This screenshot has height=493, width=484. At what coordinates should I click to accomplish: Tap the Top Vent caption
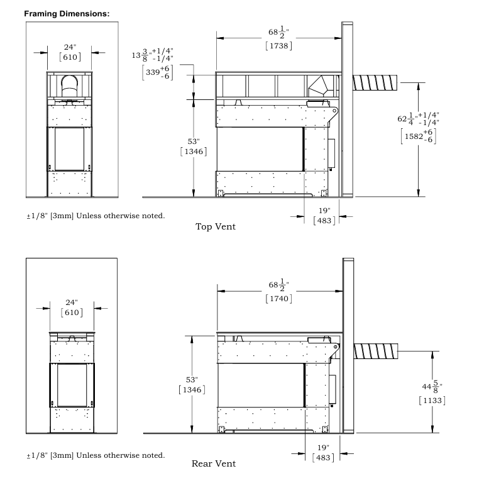215,226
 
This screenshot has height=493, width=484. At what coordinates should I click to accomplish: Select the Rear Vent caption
214,464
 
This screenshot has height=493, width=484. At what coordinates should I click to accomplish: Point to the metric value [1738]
278,45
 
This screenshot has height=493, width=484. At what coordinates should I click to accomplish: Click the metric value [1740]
278,298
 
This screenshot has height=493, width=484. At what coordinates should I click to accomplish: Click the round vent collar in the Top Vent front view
69,85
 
